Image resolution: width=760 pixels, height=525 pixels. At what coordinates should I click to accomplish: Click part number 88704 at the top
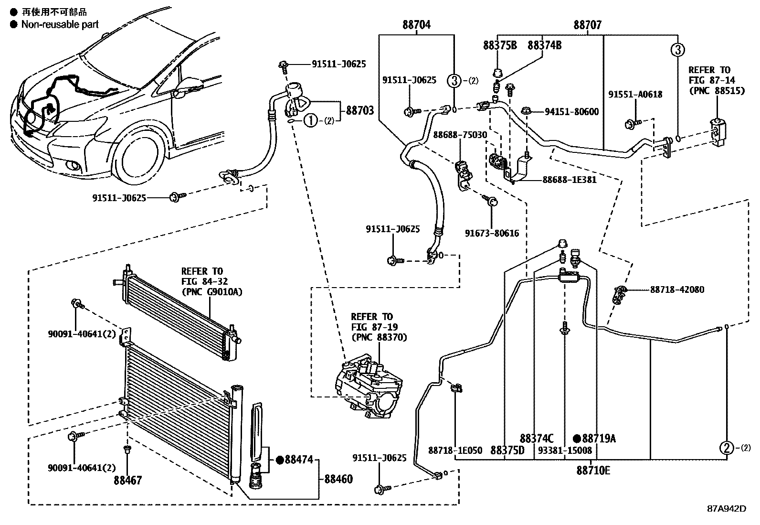(416, 24)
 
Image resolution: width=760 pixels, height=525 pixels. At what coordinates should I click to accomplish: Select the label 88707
(587, 25)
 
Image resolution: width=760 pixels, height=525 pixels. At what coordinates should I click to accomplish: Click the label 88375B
(499, 45)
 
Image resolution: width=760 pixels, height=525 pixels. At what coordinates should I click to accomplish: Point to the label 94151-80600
(571, 112)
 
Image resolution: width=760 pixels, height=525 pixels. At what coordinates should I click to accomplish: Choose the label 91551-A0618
(635, 94)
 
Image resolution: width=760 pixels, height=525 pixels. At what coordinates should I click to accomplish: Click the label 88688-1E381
(569, 180)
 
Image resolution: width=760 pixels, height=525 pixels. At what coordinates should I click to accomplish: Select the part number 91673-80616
(492, 234)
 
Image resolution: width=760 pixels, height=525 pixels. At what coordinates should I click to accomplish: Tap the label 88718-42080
(676, 289)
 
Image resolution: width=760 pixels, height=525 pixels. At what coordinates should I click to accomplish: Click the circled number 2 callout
(726, 448)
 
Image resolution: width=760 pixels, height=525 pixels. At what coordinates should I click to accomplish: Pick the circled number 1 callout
(310, 121)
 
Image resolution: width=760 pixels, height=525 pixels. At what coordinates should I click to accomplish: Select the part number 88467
(127, 480)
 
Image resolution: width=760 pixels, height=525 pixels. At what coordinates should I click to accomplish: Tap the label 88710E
(593, 471)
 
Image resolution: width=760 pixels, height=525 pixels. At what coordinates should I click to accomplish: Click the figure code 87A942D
(726, 509)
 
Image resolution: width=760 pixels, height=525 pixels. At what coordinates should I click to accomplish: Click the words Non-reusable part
(60, 24)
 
